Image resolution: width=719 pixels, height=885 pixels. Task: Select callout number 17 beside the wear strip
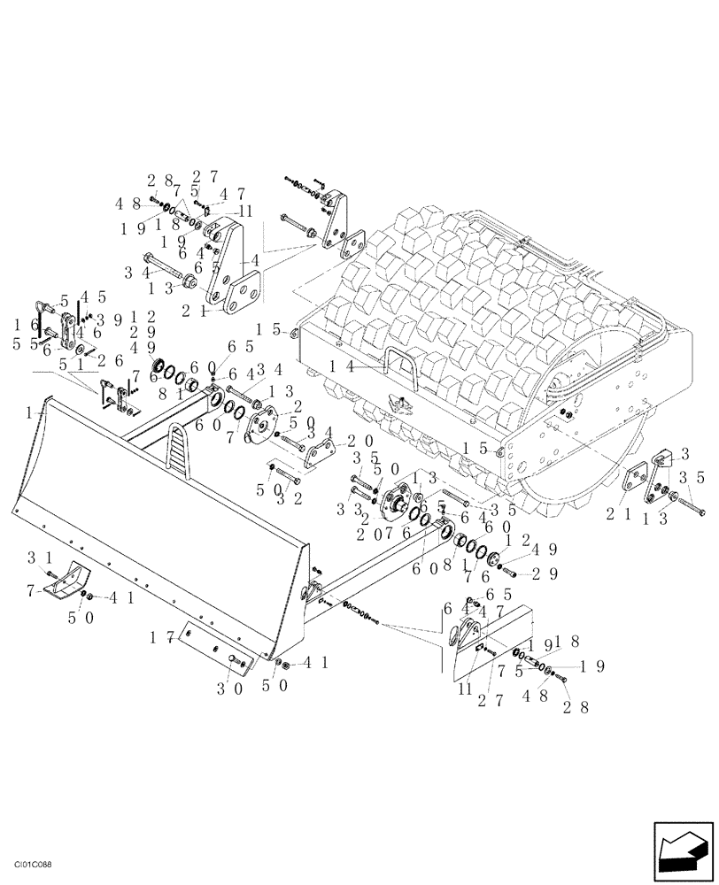tap(160, 635)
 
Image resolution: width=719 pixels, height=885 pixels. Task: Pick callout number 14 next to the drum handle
tap(339, 365)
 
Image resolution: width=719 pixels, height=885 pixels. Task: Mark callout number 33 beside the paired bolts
tap(340, 509)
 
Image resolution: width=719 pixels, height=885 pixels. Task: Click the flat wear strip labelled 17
tap(213, 647)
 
